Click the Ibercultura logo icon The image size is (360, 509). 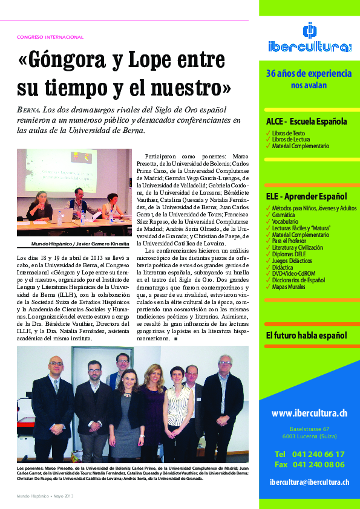pyautogui.click(x=309, y=31)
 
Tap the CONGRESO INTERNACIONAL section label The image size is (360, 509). pyautogui.click(x=50, y=37)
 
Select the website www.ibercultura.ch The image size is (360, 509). pyautogui.click(x=309, y=413)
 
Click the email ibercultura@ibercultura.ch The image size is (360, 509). pyautogui.click(x=309, y=482)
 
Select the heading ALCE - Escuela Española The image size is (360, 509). pyautogui.click(x=306, y=121)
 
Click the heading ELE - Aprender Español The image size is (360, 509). pyautogui.click(x=306, y=196)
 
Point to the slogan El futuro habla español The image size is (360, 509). pyautogui.click(x=306, y=336)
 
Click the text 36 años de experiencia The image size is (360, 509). pyautogui.click(x=309, y=74)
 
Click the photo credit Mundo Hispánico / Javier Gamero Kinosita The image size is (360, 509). pyautogui.click(x=81, y=244)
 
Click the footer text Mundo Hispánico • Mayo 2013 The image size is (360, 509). pyautogui.click(x=45, y=496)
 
